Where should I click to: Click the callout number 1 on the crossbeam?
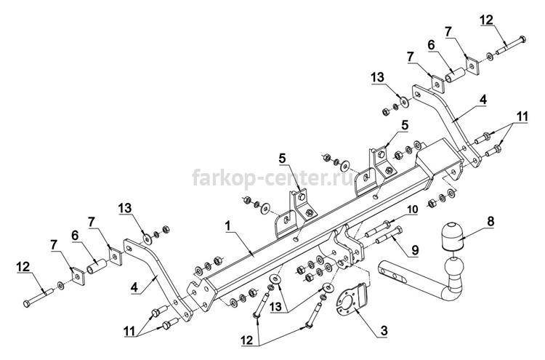pyautogui.click(x=227, y=226)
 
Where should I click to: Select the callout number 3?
pyautogui.click(x=384, y=330)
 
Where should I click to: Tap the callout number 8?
pyautogui.click(x=490, y=221)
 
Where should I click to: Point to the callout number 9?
pyautogui.click(x=415, y=249)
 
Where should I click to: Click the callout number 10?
pyautogui.click(x=413, y=209)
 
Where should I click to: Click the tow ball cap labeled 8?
pyautogui.click(x=453, y=236)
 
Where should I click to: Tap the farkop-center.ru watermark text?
pyautogui.click(x=272, y=177)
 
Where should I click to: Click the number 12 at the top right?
pyautogui.click(x=487, y=20)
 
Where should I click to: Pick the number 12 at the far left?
pyautogui.click(x=23, y=267)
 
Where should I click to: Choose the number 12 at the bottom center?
pyautogui.click(x=248, y=340)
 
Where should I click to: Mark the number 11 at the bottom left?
pyautogui.click(x=130, y=332)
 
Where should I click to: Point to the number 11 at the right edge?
pyautogui.click(x=522, y=116)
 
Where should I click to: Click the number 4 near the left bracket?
pyautogui.click(x=134, y=288)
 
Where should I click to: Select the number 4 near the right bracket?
pyautogui.click(x=483, y=100)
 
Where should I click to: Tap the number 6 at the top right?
pyautogui.click(x=432, y=45)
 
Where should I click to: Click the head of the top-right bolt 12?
pyautogui.click(x=521, y=39)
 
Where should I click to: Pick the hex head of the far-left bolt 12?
pyautogui.click(x=27, y=303)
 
